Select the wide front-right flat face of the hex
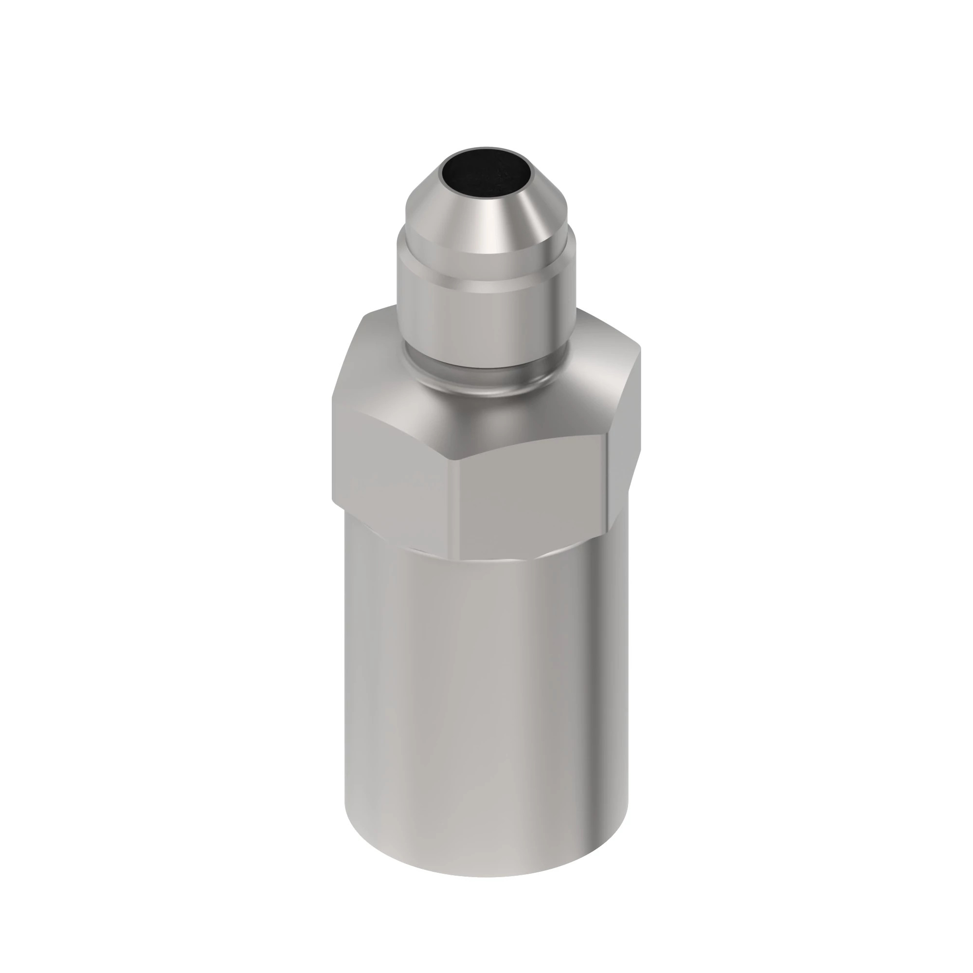pyautogui.click(x=534, y=499)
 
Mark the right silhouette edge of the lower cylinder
pyautogui.click(x=628, y=705)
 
